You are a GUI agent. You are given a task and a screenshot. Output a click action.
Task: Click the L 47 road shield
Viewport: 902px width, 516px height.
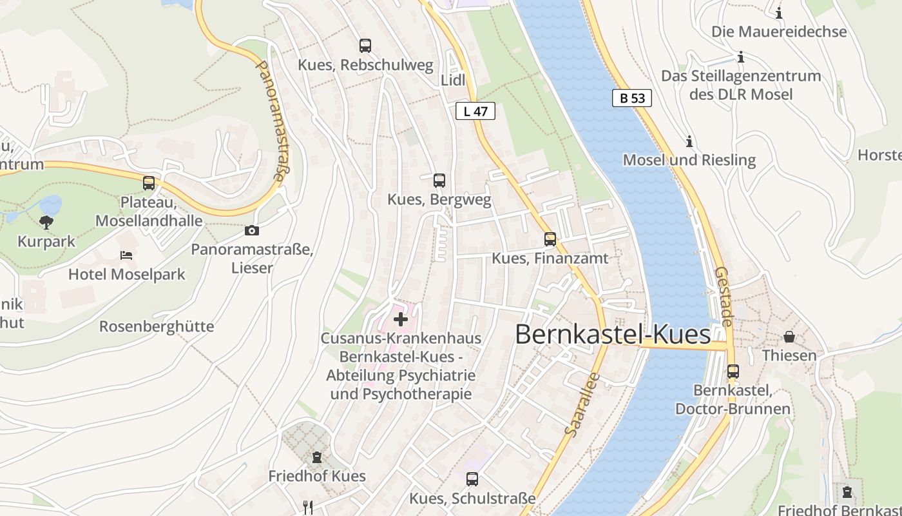(475, 111)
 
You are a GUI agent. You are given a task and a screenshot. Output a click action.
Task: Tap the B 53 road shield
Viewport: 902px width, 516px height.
(632, 98)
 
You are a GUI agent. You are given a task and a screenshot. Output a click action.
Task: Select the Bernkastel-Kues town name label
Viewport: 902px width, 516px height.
(613, 335)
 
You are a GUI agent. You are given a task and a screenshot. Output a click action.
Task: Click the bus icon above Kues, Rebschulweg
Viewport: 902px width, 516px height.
(365, 46)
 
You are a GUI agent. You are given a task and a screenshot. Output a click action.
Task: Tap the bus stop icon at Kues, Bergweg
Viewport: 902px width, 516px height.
(439, 181)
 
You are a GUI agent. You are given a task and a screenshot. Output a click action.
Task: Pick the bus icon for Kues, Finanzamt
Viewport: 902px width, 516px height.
(550, 239)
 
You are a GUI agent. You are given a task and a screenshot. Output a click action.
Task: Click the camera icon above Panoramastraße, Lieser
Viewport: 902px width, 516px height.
(252, 230)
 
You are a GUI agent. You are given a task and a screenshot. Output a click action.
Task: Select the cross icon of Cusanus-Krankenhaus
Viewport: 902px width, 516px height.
(401, 319)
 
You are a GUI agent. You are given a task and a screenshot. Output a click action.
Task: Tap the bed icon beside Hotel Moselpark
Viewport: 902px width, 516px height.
(126, 255)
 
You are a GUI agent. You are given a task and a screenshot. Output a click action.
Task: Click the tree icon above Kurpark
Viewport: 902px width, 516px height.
(46, 223)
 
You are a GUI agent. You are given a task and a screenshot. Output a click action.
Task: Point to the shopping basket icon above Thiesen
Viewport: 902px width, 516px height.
(789, 337)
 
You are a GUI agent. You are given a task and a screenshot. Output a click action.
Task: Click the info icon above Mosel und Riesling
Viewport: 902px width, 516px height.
(689, 141)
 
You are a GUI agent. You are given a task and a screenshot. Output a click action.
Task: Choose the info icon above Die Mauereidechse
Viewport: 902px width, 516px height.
(779, 13)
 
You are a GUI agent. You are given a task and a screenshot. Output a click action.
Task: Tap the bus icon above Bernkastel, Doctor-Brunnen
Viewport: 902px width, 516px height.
(733, 372)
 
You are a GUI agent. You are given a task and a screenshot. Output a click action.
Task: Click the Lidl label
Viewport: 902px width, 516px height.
(453, 81)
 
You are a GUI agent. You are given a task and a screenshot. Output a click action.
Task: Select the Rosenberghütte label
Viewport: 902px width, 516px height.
(157, 326)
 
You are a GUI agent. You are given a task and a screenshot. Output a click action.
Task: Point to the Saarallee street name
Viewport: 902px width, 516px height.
(581, 404)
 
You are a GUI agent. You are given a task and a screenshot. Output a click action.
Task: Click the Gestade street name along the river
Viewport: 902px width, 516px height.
(725, 297)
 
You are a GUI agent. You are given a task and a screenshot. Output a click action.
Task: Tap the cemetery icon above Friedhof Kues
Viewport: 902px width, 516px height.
(316, 457)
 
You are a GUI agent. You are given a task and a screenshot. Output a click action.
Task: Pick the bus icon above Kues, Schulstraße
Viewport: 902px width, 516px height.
(472, 479)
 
